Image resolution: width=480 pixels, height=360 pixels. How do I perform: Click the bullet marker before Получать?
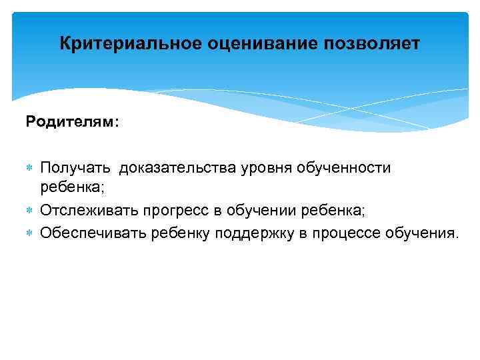[x=31, y=167]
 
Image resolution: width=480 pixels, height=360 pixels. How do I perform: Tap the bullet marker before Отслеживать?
[x=31, y=211]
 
